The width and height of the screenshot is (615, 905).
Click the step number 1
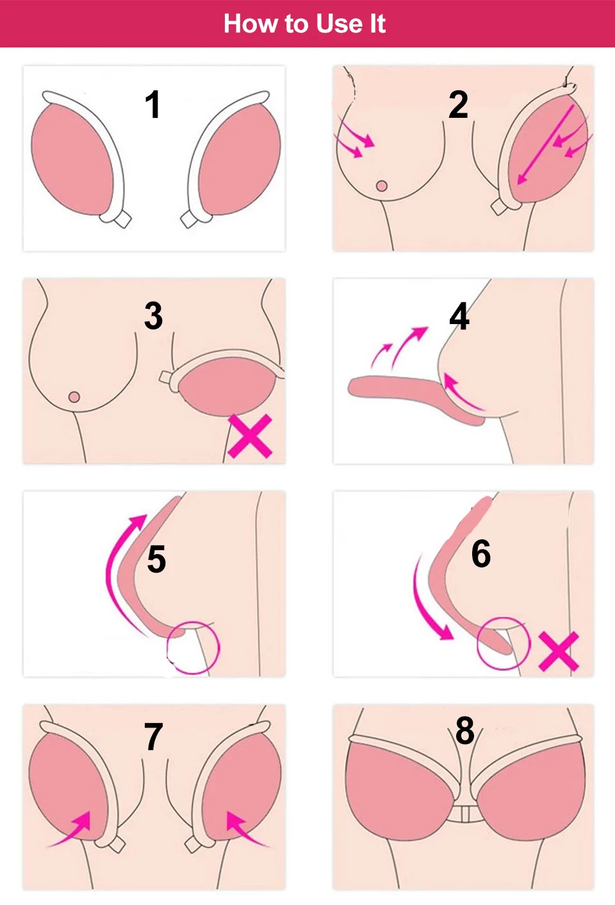(152, 104)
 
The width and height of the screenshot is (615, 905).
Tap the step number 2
(458, 104)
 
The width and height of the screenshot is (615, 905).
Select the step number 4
(459, 316)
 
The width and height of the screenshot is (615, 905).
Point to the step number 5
(156, 559)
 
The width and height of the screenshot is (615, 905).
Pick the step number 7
(153, 737)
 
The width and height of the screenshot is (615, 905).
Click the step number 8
(465, 730)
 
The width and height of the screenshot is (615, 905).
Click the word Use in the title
(339, 24)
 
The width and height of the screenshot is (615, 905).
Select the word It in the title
(377, 24)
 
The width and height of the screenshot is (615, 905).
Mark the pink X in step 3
(250, 436)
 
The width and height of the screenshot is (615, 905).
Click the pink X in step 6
(559, 651)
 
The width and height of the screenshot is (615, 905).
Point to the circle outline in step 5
(193, 647)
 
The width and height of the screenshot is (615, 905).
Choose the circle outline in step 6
(504, 643)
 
